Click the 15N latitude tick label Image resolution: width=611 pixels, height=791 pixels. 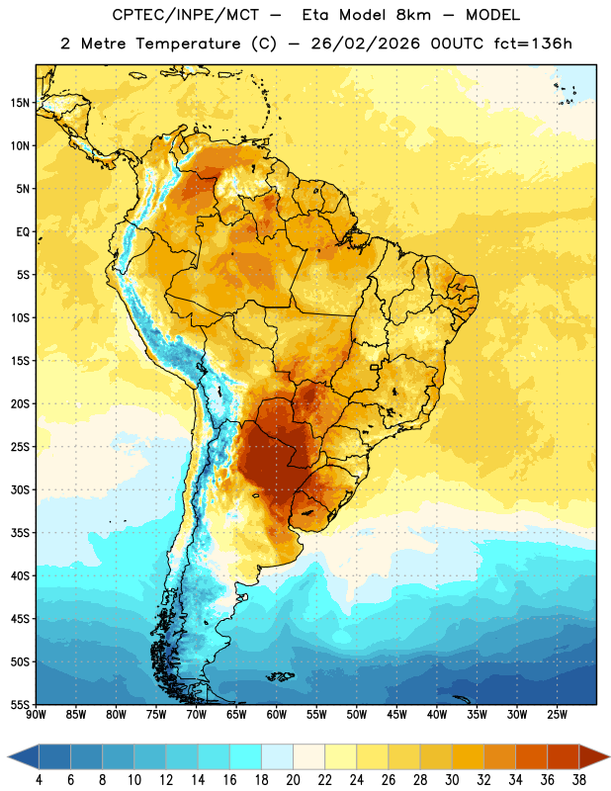point(20,103)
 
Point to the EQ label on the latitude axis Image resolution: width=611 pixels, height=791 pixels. point(23,232)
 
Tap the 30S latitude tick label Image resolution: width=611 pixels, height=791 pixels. point(20,489)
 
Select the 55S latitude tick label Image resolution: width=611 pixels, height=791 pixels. point(20,704)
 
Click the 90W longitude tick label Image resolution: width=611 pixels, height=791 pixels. point(36,715)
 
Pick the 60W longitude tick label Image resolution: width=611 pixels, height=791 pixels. point(277,715)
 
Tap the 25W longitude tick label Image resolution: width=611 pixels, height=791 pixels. point(557,715)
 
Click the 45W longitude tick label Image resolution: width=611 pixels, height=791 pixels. point(396,715)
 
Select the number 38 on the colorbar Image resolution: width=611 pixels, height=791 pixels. point(578,780)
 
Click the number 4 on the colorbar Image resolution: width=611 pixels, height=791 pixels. point(39,780)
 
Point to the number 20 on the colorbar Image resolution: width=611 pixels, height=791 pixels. point(293,780)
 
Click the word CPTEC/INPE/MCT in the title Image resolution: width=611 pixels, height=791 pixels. point(185,15)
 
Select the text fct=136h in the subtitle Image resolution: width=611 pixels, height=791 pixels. point(533,44)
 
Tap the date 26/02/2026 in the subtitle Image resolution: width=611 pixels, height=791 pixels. point(365,44)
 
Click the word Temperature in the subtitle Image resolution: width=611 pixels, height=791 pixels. point(188,44)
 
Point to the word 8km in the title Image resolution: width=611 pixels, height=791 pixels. point(413,15)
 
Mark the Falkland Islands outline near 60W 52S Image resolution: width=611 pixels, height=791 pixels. point(280,676)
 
